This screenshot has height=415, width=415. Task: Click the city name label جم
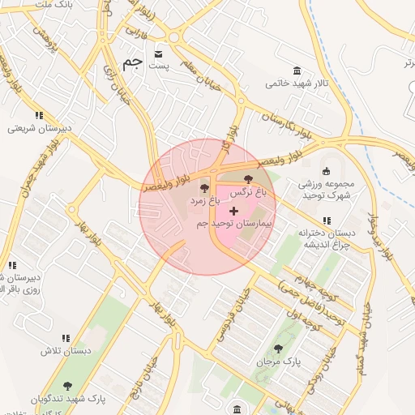pyautogui.click(x=132, y=62)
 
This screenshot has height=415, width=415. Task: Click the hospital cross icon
pyautogui.click(x=235, y=210)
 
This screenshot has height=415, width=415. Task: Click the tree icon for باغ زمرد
pyautogui.click(x=204, y=187)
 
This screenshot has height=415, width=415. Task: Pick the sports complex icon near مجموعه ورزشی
pyautogui.click(x=326, y=170)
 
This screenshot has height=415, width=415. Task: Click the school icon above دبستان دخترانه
pyautogui.click(x=326, y=220)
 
